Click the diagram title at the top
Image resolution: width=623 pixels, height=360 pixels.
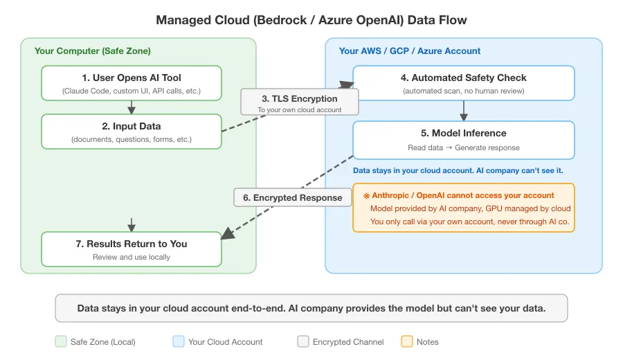coord(311,19)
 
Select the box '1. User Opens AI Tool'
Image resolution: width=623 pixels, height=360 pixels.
coord(132,83)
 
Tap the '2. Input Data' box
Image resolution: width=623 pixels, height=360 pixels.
coord(132,132)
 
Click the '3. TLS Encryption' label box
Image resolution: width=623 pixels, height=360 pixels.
coord(299,103)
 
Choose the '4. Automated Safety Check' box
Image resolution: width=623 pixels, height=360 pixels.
coord(464,83)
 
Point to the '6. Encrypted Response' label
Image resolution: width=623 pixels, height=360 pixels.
coord(292,197)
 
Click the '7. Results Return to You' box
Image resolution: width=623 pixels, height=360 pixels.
coord(132,249)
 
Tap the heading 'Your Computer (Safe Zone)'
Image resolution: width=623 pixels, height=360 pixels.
coord(93,51)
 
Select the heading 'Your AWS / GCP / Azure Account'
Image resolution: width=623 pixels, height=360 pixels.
coord(410,51)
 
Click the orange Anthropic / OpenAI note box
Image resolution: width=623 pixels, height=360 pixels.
coord(464,207)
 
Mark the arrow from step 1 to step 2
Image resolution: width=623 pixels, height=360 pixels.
coord(132,107)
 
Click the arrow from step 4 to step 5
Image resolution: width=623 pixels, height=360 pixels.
coord(464,111)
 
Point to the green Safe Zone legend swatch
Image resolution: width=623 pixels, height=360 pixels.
coord(60,341)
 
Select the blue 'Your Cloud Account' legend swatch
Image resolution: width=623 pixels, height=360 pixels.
coord(178,341)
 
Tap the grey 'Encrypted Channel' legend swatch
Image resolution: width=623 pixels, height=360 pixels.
coord(303,341)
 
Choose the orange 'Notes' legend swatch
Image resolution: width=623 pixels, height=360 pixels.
coord(406,341)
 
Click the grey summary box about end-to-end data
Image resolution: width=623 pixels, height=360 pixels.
coord(311,308)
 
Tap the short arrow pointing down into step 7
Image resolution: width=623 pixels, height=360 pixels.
coord(132,224)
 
